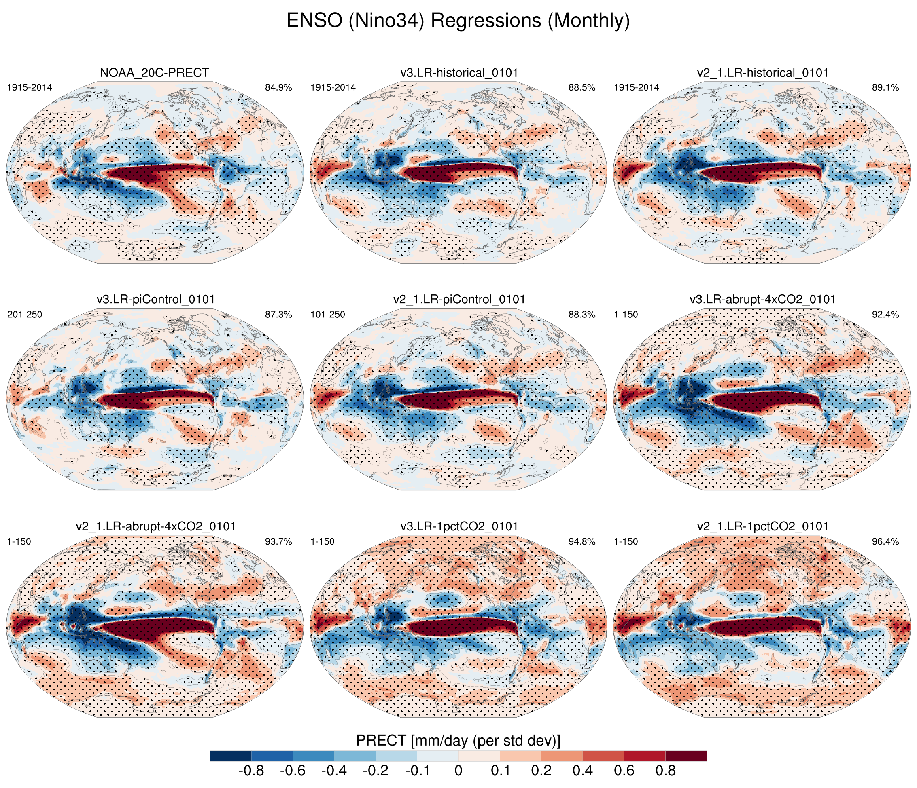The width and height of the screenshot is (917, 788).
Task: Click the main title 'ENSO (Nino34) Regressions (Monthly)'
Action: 458,21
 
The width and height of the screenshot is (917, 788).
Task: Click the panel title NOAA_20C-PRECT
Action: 155,72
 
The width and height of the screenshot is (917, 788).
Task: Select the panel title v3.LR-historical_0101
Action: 459,72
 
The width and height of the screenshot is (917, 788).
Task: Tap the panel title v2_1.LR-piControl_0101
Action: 459,299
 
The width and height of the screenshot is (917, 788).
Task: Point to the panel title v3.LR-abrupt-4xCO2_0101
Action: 762,299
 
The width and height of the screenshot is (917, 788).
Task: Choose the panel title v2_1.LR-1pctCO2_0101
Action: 762,526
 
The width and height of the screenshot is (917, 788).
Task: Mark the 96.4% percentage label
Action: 885,542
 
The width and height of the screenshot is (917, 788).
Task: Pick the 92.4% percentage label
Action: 885,315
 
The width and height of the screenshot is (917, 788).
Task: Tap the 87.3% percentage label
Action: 278,315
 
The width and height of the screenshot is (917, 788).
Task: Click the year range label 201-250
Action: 25,315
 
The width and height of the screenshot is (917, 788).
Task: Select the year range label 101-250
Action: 328,315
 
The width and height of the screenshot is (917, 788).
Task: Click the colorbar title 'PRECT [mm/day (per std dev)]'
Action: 458,741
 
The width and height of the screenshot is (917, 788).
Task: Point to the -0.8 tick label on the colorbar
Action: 251,771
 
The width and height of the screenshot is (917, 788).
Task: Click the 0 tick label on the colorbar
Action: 458,771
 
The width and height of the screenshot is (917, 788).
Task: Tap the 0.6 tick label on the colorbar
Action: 624,771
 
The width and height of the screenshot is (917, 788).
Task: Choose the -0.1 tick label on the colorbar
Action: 417,771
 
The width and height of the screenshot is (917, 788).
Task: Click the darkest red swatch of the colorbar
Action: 686,756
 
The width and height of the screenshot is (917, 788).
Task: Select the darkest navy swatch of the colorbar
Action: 231,756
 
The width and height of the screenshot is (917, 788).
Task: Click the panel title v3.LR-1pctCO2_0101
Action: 459,526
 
